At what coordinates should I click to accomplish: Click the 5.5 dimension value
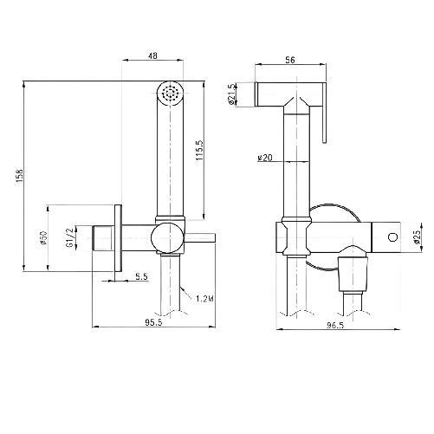click(x=139, y=276)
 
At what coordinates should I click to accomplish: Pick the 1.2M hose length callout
click(x=206, y=299)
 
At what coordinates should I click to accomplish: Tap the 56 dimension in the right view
click(x=289, y=61)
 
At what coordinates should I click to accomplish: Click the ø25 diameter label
click(x=416, y=236)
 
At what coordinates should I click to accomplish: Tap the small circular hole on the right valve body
click(x=392, y=236)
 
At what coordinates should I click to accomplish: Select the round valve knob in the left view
click(x=164, y=237)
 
